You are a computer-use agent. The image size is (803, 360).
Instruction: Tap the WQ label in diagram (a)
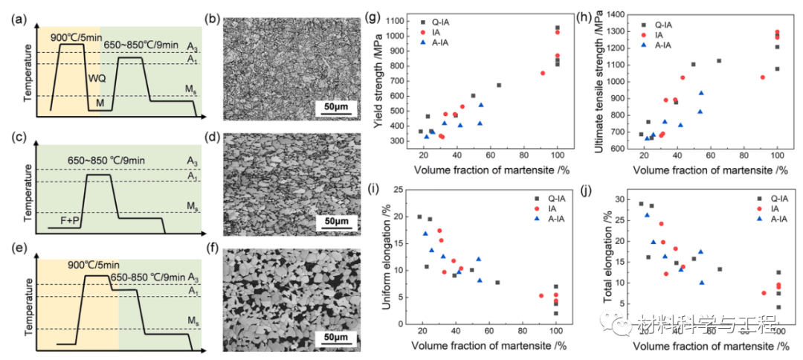tap(97, 77)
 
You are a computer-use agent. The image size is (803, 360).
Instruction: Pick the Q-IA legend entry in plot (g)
tap(445, 22)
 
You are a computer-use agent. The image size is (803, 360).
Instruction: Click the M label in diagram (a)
tap(100, 103)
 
